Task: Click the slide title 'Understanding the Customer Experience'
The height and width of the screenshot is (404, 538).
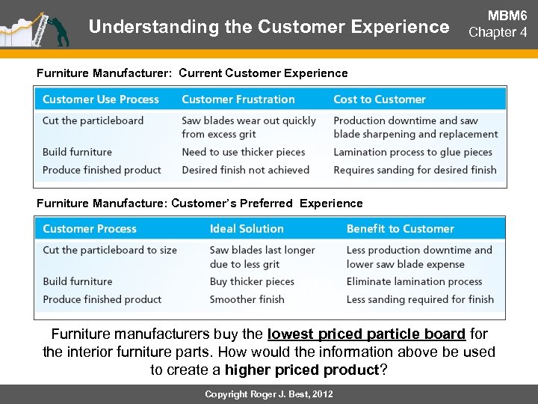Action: [268, 27]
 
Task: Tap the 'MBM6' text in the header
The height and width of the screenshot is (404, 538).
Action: [507, 16]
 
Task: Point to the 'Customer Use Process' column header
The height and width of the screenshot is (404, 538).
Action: [101, 100]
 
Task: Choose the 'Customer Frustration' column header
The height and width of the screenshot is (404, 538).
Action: [238, 100]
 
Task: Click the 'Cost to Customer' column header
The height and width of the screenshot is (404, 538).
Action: [380, 100]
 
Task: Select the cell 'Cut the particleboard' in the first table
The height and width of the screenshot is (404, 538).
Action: [93, 120]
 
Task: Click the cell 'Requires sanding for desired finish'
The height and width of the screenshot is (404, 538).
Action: [415, 170]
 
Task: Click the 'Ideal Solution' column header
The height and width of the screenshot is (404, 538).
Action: [247, 229]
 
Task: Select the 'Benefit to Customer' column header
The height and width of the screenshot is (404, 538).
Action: [400, 229]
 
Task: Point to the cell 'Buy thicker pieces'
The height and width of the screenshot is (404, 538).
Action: [252, 281]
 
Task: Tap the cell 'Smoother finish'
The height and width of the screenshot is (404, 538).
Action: [247, 299]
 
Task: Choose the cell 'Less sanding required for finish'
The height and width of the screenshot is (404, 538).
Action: [420, 299]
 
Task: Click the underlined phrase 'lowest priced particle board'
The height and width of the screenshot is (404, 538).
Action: [366, 334]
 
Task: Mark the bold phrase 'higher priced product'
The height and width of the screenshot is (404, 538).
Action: [302, 370]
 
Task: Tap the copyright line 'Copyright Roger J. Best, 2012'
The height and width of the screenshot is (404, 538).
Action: [269, 394]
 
